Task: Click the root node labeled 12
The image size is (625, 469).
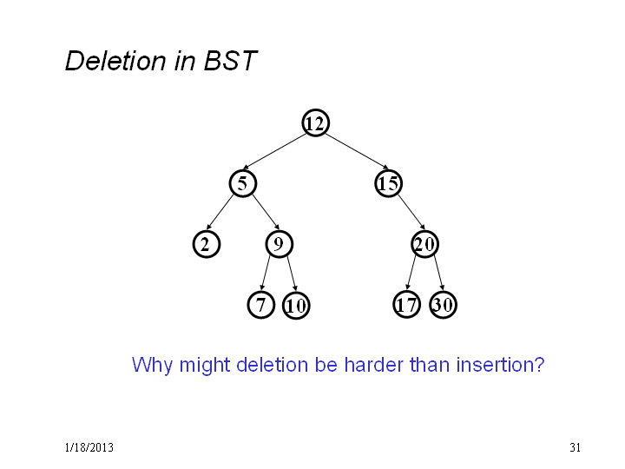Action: click(x=316, y=122)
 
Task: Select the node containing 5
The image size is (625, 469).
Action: click(x=243, y=183)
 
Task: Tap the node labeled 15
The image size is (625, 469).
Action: click(x=389, y=183)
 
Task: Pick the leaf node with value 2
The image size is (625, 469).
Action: click(x=207, y=244)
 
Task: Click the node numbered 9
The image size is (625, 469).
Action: click(x=279, y=244)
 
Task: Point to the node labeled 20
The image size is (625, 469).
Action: click(x=424, y=244)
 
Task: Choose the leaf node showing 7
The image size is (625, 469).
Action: click(x=261, y=305)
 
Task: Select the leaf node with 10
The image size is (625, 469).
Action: click(x=296, y=306)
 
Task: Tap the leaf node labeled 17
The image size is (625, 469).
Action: click(x=406, y=305)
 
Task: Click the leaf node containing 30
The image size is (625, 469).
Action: click(x=444, y=305)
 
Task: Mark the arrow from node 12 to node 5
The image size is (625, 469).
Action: click(x=274, y=151)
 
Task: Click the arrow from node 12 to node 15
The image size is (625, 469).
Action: click(x=357, y=151)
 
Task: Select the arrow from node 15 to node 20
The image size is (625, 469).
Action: click(x=411, y=212)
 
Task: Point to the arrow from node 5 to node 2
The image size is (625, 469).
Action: click(x=220, y=212)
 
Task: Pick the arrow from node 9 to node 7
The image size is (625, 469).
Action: click(x=266, y=273)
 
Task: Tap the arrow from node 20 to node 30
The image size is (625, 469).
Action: click(x=439, y=273)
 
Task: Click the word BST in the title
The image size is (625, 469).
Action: click(x=230, y=61)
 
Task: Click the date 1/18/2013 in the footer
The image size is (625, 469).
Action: click(x=89, y=447)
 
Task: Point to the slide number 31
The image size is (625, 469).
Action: click(x=575, y=447)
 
